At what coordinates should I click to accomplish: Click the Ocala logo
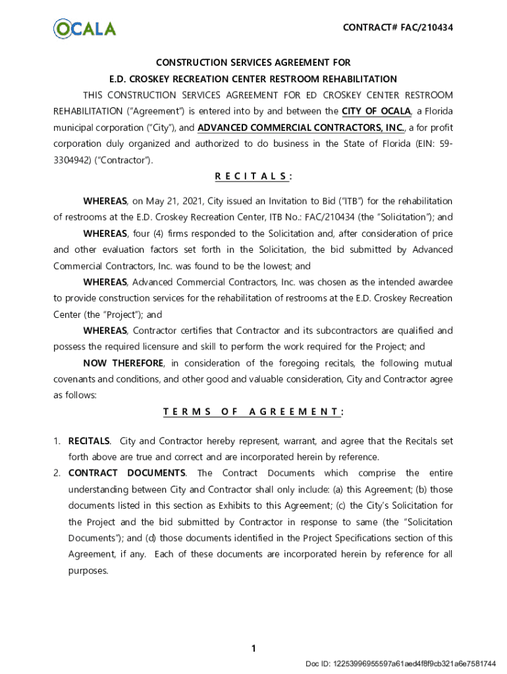pyautogui.click(x=84, y=28)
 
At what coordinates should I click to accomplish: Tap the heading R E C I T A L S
pyautogui.click(x=254, y=176)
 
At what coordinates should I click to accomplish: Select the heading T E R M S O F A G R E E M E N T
pyautogui.click(x=254, y=412)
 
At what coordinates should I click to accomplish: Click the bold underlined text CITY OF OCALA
pyautogui.click(x=377, y=111)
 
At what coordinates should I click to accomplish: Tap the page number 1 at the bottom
pyautogui.click(x=253, y=649)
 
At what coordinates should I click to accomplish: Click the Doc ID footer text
pyautogui.click(x=400, y=663)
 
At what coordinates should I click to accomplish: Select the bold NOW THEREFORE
pyautogui.click(x=122, y=363)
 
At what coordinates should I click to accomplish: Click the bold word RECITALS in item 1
pyautogui.click(x=89, y=441)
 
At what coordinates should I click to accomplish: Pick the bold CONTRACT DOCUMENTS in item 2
pyautogui.click(x=127, y=473)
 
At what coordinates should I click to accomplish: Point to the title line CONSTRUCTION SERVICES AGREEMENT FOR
pyautogui.click(x=254, y=63)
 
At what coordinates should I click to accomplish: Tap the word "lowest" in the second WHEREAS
pyautogui.click(x=277, y=267)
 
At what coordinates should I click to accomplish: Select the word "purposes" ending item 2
pyautogui.click(x=88, y=571)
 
